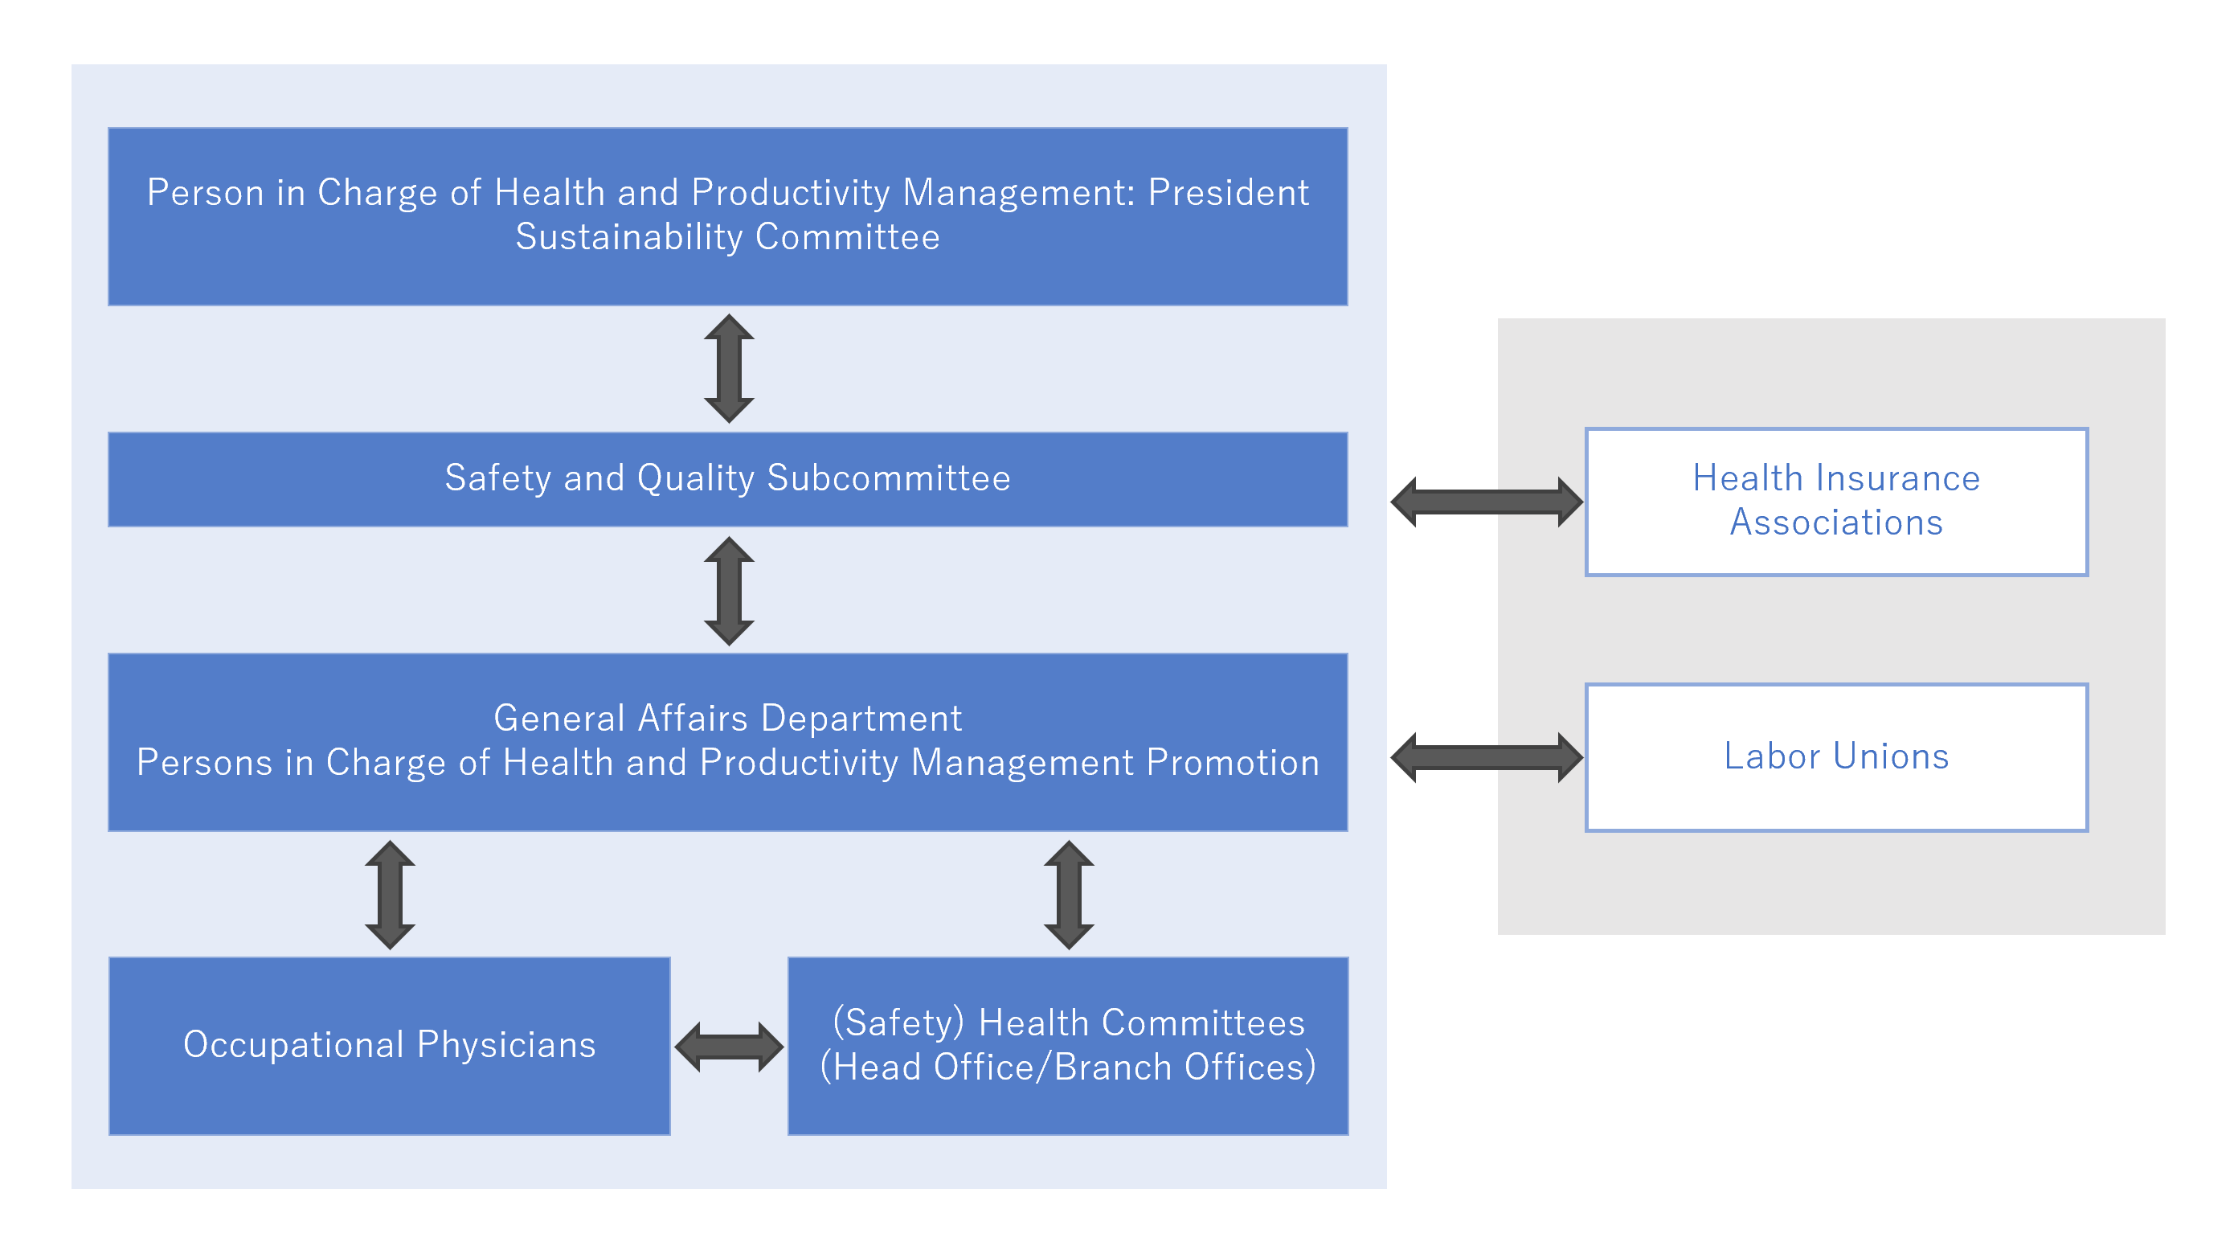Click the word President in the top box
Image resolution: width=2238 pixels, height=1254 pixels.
click(1228, 192)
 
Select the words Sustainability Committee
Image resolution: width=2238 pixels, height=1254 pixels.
click(727, 237)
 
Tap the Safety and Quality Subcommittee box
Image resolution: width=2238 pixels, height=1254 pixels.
click(727, 479)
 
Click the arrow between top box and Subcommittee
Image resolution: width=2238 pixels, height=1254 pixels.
click(728, 368)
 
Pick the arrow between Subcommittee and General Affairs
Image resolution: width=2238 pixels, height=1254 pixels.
click(728, 590)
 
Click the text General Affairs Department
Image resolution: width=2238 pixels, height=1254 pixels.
click(727, 718)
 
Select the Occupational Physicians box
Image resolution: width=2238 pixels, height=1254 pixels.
click(389, 1046)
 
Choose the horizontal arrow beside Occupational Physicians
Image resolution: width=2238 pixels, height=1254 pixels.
click(728, 1047)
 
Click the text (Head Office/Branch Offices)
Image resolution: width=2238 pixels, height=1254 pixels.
click(1068, 1068)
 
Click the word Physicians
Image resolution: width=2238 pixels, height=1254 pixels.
click(505, 1044)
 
